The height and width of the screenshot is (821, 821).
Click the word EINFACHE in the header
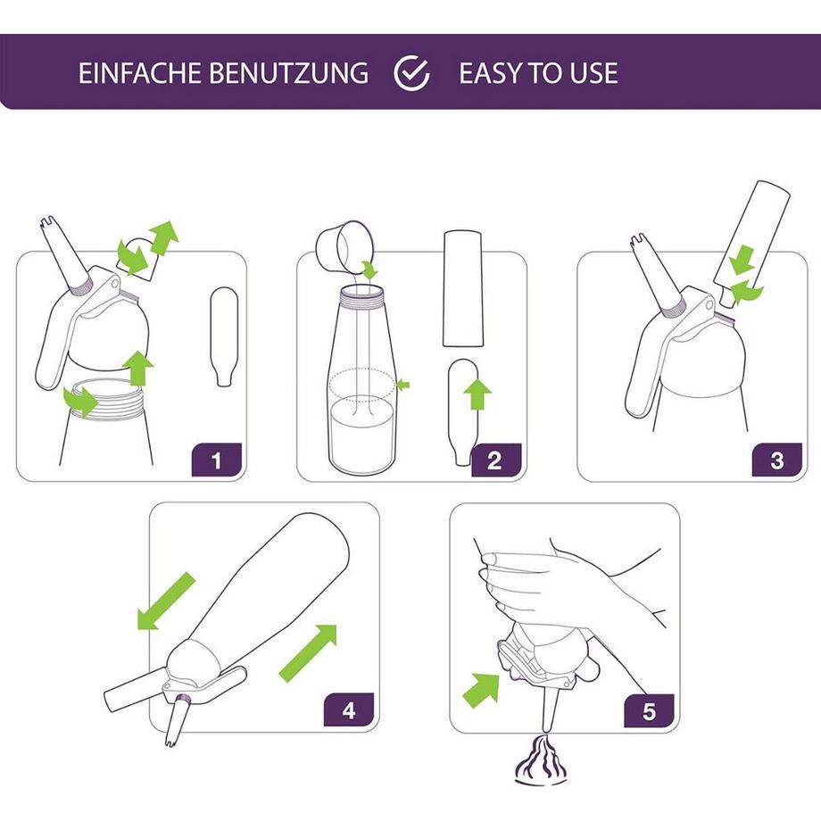140,73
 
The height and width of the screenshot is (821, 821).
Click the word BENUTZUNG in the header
288,73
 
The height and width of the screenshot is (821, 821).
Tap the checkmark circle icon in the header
412,73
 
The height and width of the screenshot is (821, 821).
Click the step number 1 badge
216,461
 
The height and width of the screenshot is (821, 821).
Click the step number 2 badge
494,461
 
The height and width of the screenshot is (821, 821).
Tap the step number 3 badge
777,461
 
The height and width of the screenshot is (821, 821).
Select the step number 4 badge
349,711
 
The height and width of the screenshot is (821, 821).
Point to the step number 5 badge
649,711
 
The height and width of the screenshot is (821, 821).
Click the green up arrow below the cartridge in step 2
479,394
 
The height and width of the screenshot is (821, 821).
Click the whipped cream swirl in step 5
542,763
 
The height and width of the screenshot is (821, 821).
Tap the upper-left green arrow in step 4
166,601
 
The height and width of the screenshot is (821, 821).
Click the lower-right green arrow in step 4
309,652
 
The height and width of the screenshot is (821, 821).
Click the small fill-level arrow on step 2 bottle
403,385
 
